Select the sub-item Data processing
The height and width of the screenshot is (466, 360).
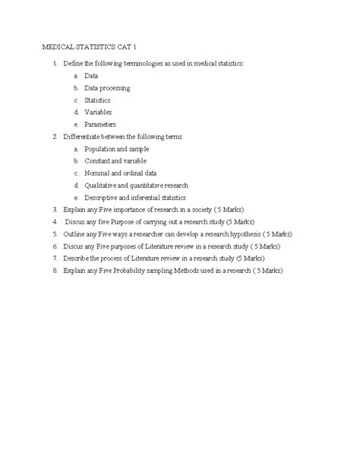107,87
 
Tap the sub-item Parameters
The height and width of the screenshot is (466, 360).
102,124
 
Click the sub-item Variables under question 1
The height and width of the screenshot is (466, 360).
99,112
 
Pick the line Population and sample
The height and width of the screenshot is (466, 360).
116,149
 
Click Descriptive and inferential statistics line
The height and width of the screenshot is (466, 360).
136,198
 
